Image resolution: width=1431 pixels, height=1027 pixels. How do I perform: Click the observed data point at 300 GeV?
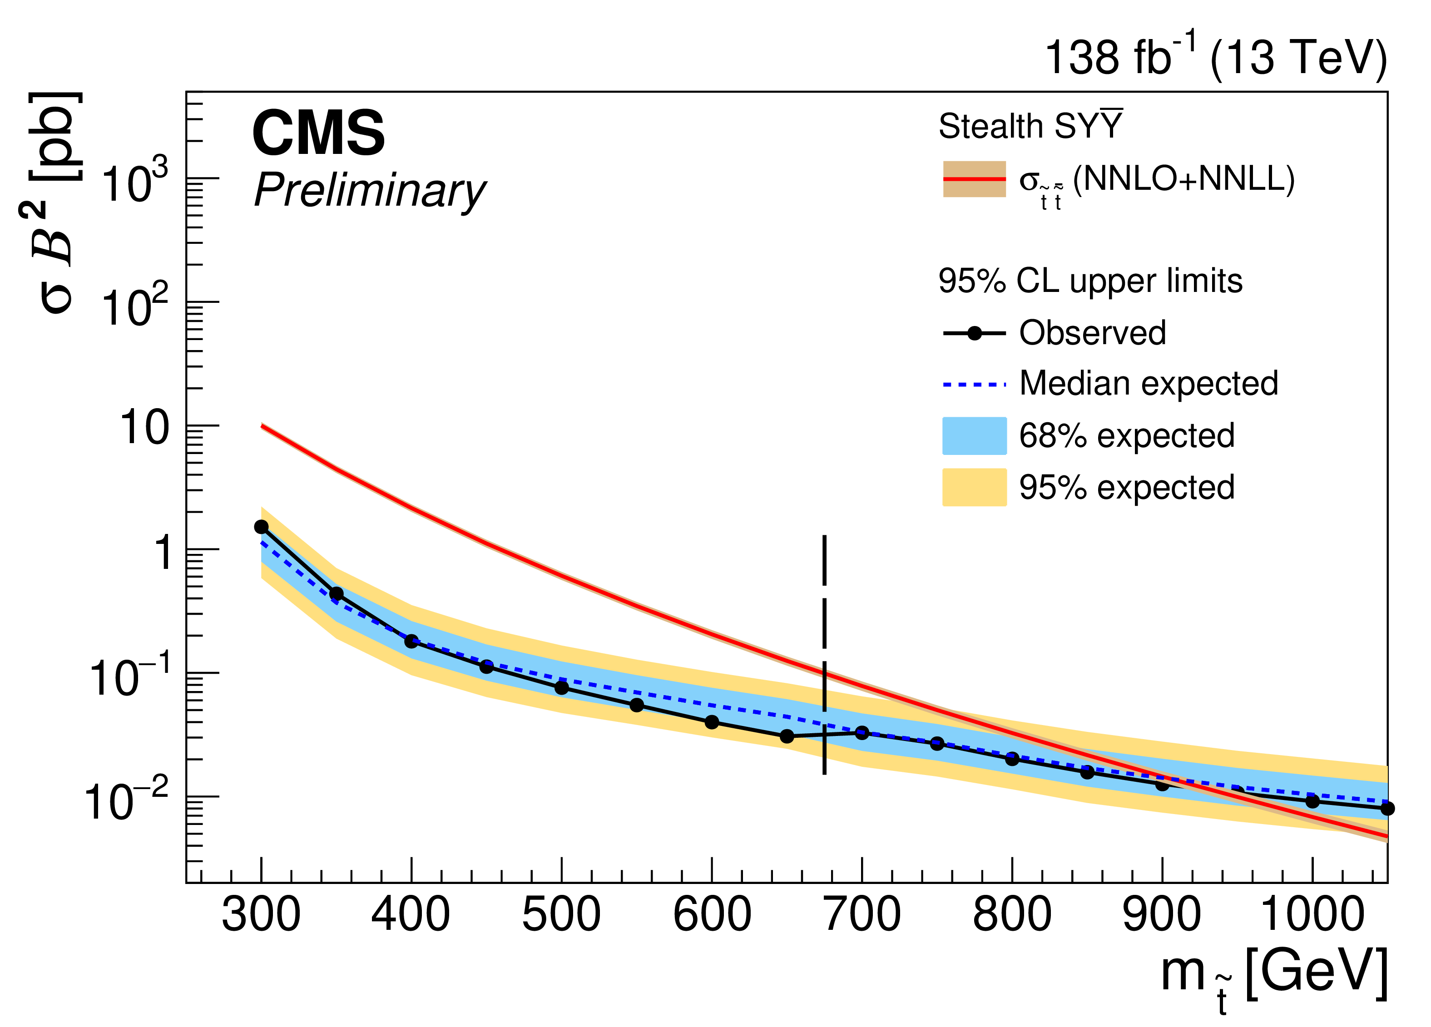coord(261,527)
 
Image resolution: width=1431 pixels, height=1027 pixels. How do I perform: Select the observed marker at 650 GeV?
coord(787,736)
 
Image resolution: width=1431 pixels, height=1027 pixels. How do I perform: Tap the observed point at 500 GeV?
coord(562,687)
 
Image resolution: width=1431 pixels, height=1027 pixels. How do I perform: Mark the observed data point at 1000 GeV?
coord(1312,802)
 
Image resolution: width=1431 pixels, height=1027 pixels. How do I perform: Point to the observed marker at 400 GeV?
coord(411,642)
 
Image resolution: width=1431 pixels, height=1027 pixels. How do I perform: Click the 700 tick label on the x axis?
coord(862,915)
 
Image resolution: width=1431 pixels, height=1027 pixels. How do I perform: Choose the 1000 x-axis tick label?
coord(1312,915)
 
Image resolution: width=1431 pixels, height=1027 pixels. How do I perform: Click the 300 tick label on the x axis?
coord(261,915)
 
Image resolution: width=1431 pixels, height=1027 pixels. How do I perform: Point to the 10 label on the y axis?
coord(144,428)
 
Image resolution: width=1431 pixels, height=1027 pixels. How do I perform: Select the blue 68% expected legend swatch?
coord(974,435)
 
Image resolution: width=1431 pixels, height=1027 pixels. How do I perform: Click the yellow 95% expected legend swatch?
coord(974,487)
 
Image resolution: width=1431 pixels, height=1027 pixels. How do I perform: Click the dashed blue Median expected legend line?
coord(974,384)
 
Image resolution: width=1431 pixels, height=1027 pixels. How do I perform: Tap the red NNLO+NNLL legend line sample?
coord(974,179)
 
